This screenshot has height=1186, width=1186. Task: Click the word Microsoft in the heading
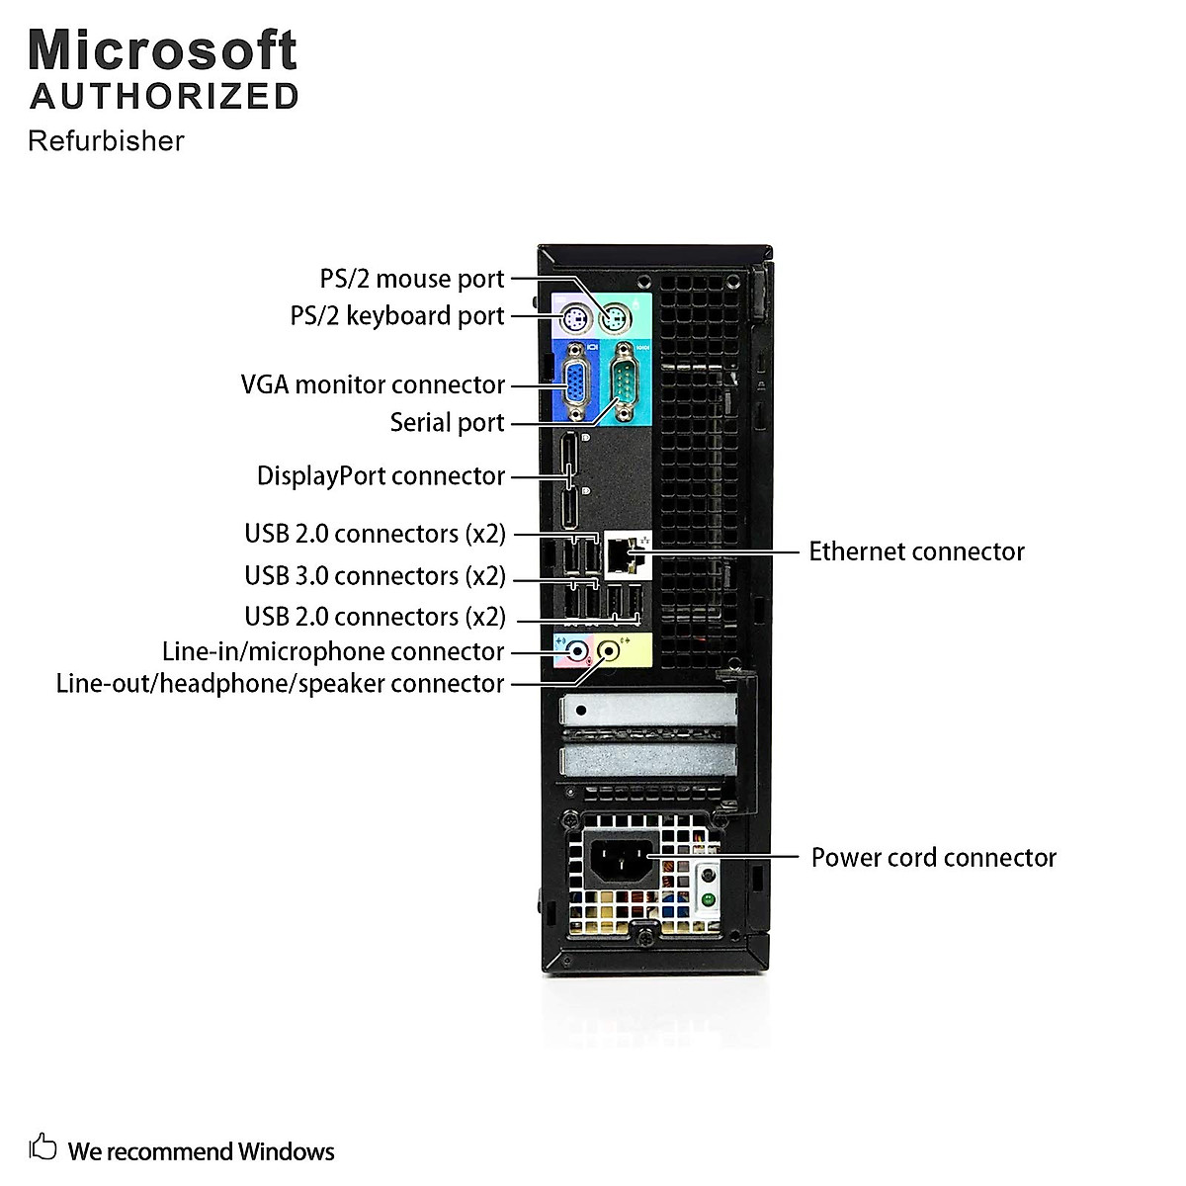click(x=163, y=50)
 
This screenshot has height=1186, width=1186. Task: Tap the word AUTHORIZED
click(x=164, y=96)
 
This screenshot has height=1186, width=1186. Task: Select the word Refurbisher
click(x=106, y=141)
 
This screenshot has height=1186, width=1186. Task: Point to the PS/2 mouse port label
click(x=411, y=279)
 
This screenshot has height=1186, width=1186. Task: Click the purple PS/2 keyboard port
click(x=574, y=318)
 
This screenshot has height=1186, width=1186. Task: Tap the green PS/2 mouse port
click(x=616, y=318)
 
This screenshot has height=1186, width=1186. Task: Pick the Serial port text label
click(x=447, y=423)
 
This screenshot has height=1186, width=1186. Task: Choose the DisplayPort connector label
click(x=381, y=476)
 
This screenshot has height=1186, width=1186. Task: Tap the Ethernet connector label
click(x=916, y=551)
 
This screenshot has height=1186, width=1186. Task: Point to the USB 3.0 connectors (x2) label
click(x=375, y=575)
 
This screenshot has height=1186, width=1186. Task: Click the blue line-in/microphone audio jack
click(x=574, y=651)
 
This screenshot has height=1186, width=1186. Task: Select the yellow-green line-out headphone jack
click(x=610, y=651)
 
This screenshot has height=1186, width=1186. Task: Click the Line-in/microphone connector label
click(x=333, y=652)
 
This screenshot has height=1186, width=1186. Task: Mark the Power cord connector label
click(x=933, y=857)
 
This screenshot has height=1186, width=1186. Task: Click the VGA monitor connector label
click(x=373, y=384)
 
